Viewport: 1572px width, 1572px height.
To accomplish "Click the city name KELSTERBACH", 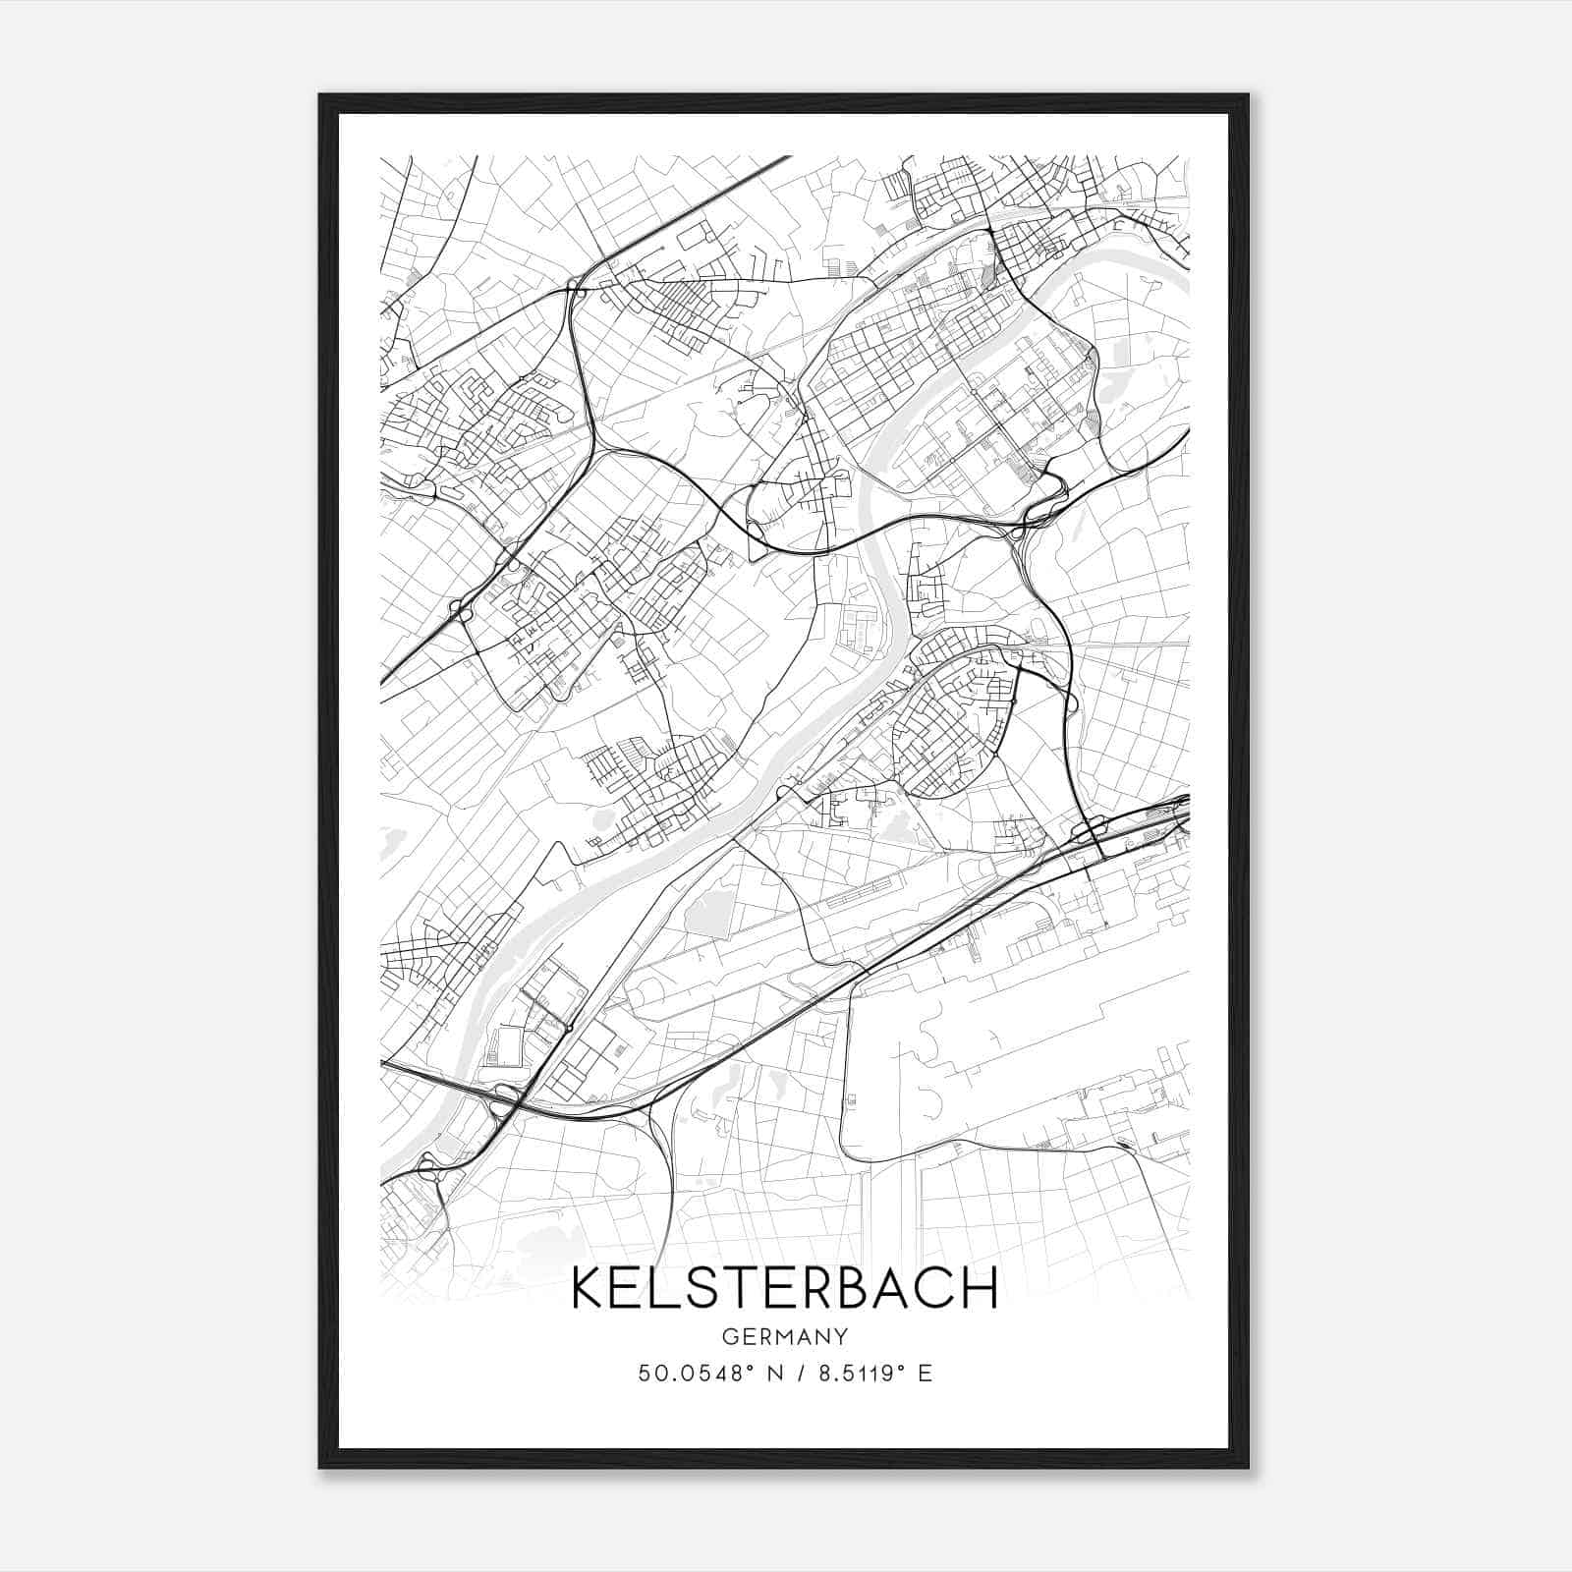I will [784, 1287].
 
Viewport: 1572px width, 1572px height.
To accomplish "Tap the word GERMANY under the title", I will [784, 1336].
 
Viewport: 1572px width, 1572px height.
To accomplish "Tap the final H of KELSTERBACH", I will [980, 1287].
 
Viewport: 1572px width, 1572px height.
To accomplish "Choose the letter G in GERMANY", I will [729, 1336].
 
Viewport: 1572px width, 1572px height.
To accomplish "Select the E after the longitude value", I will [925, 1374].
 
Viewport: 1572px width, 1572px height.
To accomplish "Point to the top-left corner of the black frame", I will [320, 95].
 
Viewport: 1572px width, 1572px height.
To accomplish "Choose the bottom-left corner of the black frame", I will [320, 1468].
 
